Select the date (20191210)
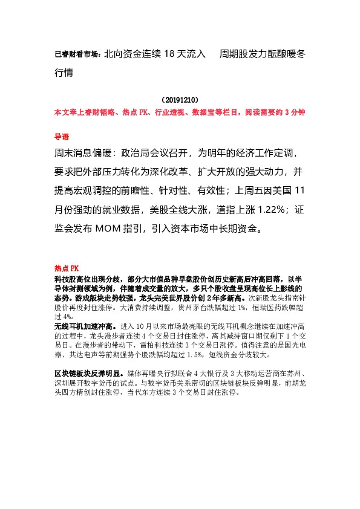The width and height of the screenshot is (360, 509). click(180, 99)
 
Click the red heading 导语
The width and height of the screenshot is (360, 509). click(62, 137)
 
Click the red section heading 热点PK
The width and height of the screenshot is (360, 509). click(67, 268)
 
